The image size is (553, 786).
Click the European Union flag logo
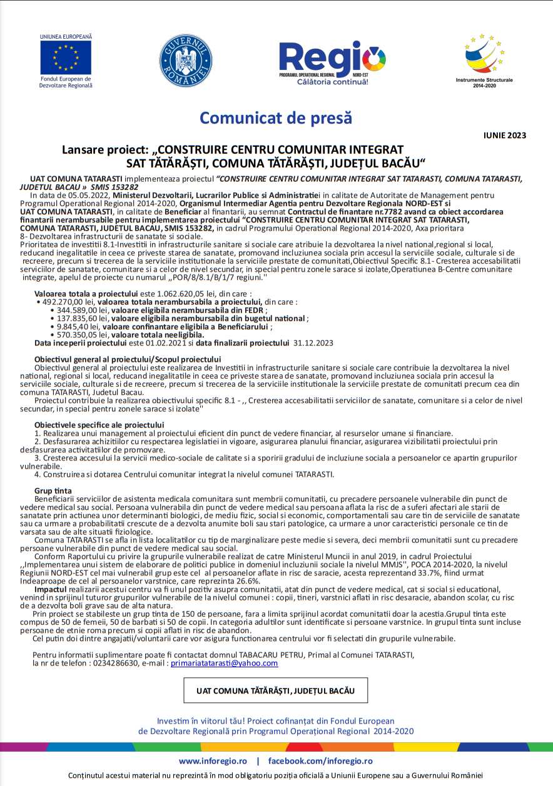pos(66,57)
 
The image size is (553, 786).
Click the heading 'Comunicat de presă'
pos(276,117)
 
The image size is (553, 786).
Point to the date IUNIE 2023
pos(505,135)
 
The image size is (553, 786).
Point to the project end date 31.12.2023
pos(313,342)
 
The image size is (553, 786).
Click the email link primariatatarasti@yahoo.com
pos(224,664)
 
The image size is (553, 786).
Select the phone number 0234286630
pos(109,664)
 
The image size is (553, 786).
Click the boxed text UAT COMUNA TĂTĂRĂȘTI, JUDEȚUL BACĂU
pos(275,690)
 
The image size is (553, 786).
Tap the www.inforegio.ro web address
pos(214,761)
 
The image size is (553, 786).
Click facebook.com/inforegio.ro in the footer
pos(320,761)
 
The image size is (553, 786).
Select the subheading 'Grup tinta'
pos(53,490)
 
